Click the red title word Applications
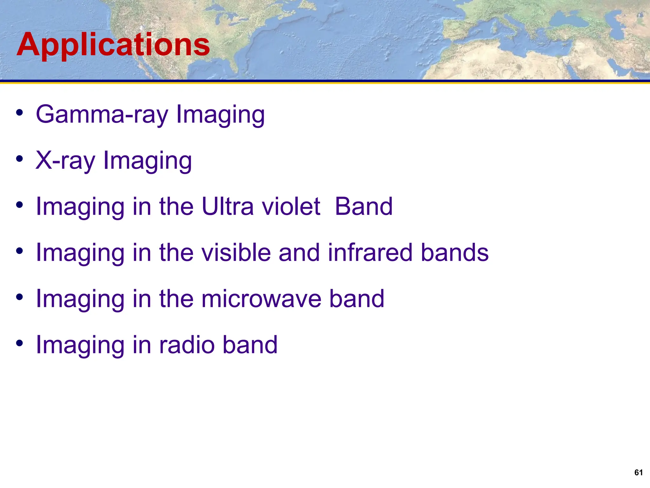click(113, 45)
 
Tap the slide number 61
click(638, 472)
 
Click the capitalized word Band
click(364, 207)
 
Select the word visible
click(236, 253)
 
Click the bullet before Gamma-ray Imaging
click(20, 113)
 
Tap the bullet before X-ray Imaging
click(20, 159)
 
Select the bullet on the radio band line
click(20, 343)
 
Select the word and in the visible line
click(299, 253)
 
